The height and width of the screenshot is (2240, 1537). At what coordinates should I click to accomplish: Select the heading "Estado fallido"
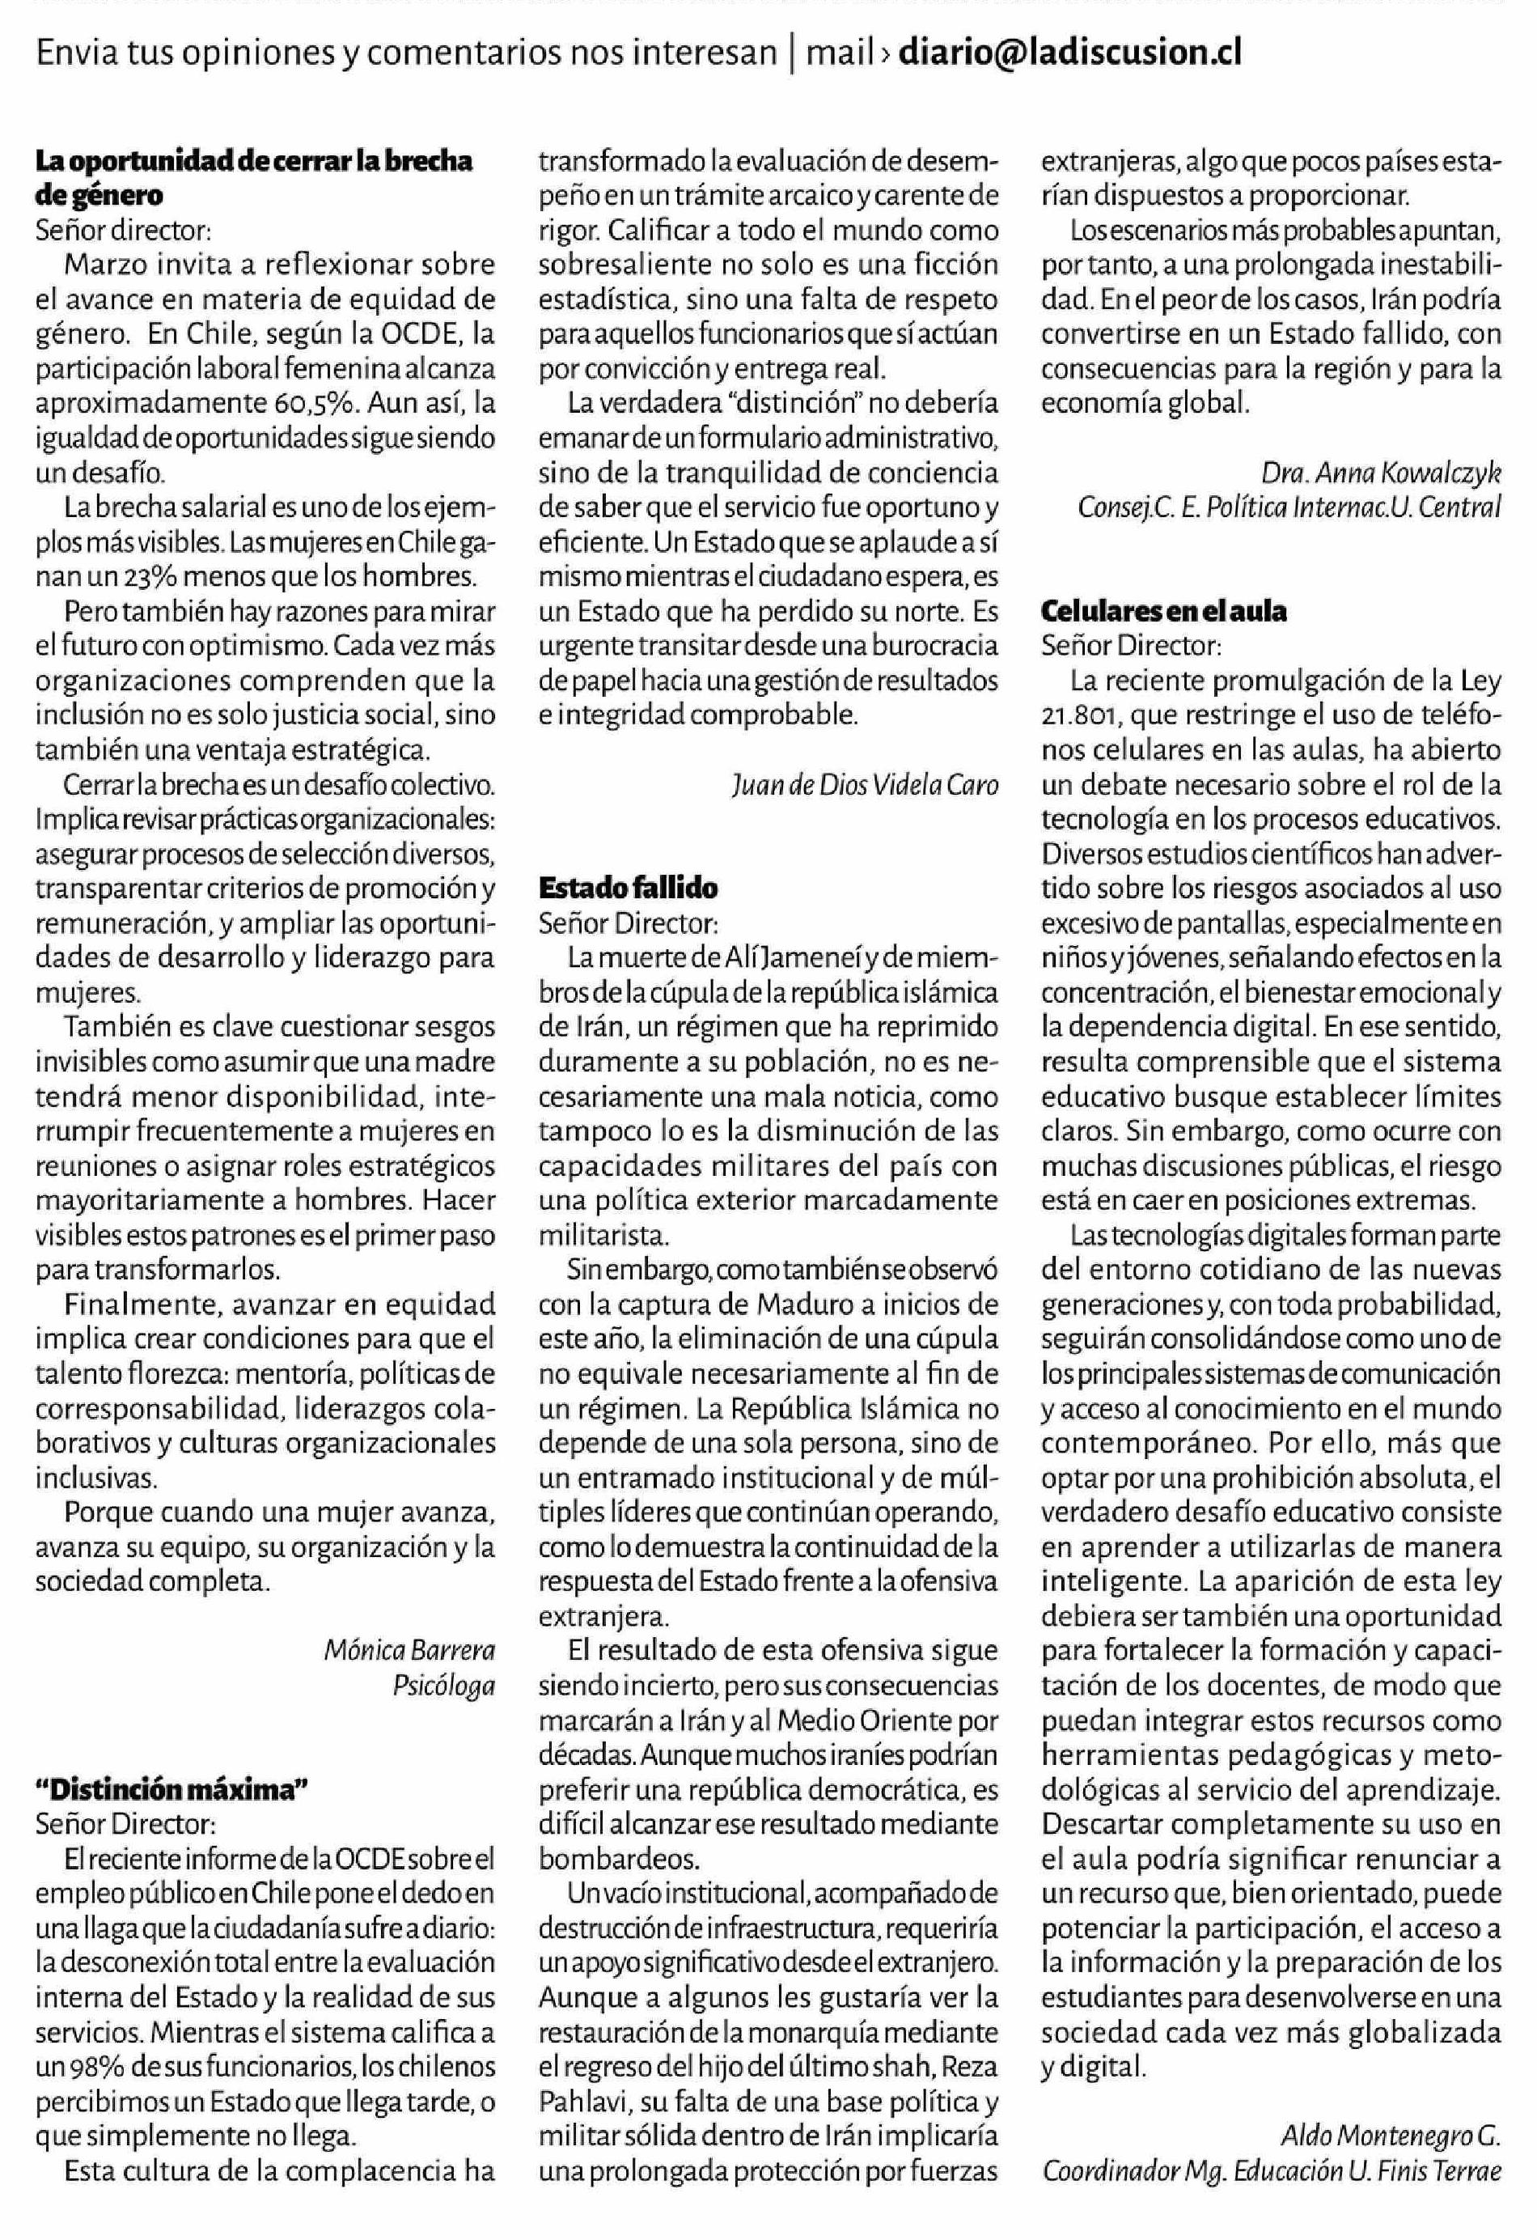coord(629,888)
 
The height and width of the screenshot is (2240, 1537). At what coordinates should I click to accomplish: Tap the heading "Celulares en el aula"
coord(1164,611)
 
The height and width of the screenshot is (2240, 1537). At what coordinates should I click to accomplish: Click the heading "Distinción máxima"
coord(171,1789)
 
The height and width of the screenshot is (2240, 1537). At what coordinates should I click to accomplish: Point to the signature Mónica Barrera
coord(409,1649)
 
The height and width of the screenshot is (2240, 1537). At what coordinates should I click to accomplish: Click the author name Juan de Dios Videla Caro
coord(865,786)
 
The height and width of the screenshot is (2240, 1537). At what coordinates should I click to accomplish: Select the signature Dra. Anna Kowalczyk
coord(1381,473)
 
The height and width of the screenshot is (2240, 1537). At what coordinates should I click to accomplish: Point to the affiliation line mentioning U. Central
coord(1289,506)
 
